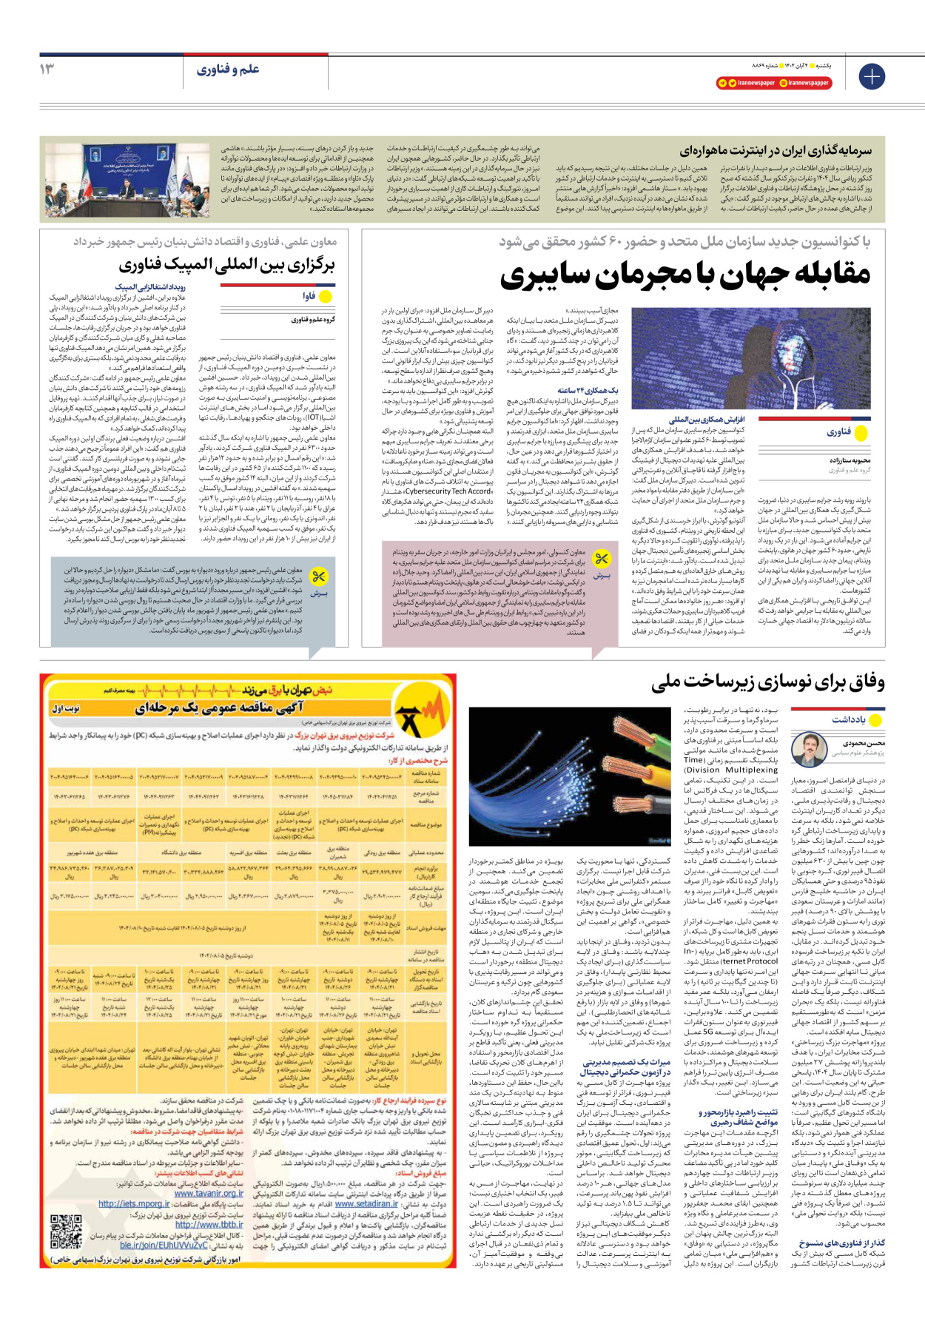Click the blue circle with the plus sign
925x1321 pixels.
tap(872, 76)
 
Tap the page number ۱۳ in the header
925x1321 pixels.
tap(47, 69)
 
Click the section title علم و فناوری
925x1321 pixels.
tap(228, 70)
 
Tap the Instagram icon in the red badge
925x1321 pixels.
tap(784, 83)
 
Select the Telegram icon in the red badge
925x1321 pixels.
tap(722, 83)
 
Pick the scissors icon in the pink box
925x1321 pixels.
tap(602, 559)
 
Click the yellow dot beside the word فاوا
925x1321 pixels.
tap(324, 296)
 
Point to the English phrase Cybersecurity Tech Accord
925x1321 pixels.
tap(448, 491)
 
